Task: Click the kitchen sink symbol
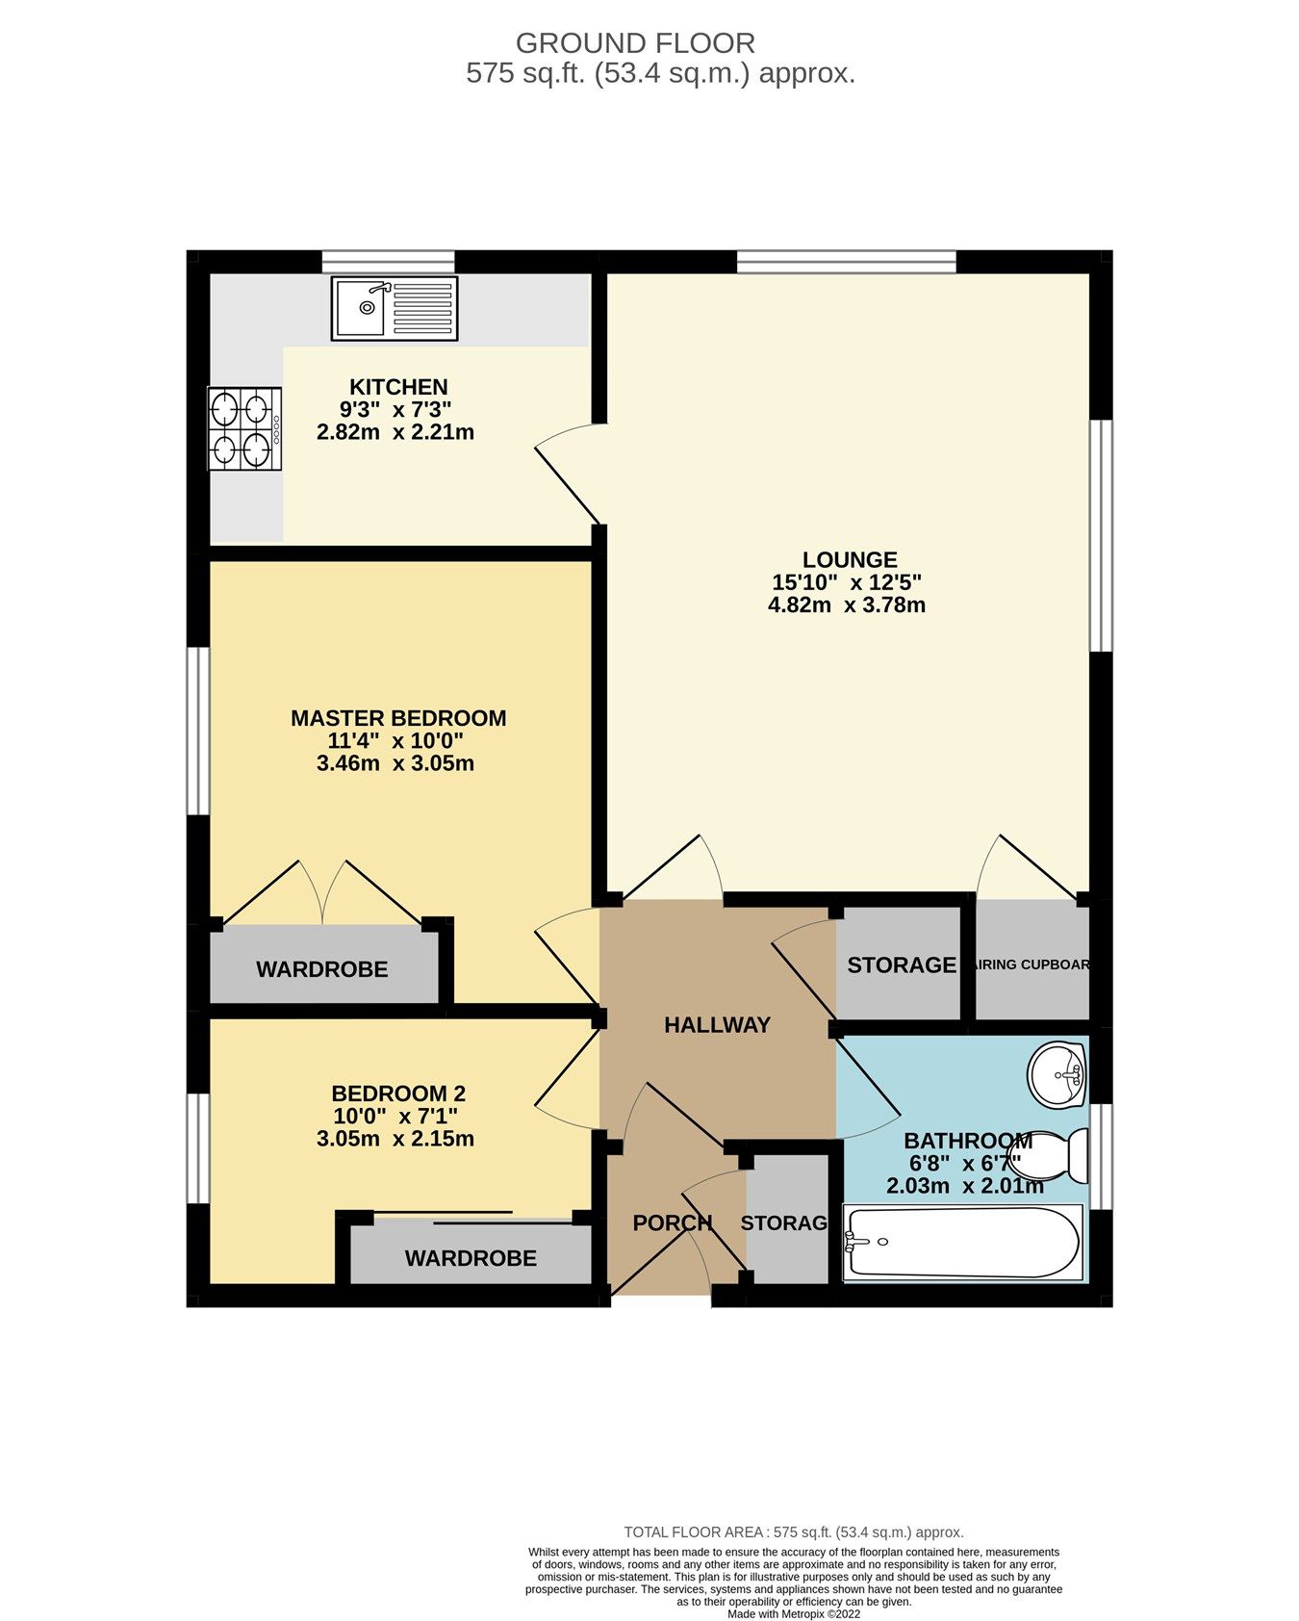(395, 308)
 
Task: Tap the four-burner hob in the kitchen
(244, 429)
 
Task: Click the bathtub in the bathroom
(962, 1243)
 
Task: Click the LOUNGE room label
(850, 559)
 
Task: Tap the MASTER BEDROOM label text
(398, 718)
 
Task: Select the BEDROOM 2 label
(398, 1094)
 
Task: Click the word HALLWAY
(718, 1025)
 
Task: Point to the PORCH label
(672, 1222)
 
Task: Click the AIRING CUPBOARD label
(1032, 965)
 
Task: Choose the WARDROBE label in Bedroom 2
(471, 1258)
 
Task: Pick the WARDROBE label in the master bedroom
(322, 969)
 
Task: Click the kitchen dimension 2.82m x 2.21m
(395, 432)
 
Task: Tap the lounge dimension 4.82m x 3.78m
(847, 605)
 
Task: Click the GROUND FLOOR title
(635, 43)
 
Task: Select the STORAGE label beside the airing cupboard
(902, 965)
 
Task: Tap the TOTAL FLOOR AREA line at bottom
(794, 1532)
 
